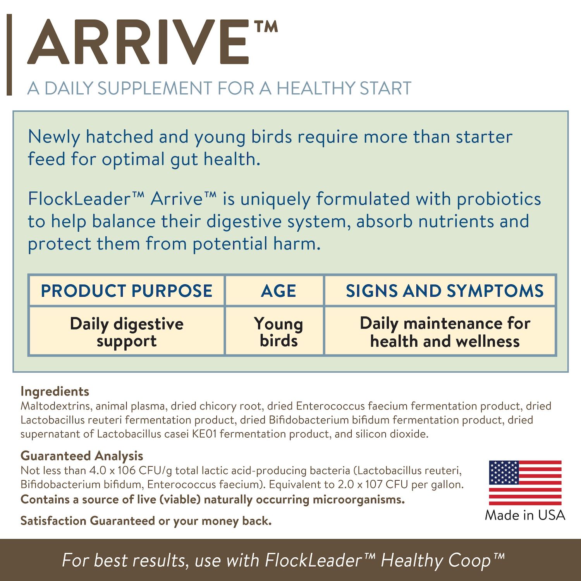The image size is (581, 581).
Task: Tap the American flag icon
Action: pos(525,483)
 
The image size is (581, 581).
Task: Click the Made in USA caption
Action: pos(525,515)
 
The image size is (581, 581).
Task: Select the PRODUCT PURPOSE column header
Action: pos(127,291)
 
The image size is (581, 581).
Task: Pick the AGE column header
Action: pos(278,291)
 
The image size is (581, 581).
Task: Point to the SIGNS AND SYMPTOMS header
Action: pos(444,291)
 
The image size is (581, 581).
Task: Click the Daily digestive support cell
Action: pos(127,332)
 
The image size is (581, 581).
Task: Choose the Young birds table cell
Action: pos(278,332)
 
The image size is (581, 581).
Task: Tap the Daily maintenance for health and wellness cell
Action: pos(444,332)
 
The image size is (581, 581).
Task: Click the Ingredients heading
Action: pos(55,391)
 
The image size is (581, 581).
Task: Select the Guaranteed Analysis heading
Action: pos(82,456)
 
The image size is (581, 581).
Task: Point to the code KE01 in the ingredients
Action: pos(204,434)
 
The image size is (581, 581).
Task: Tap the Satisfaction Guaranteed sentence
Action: pos(146,521)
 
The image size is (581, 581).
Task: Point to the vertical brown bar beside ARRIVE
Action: pos(9,55)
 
